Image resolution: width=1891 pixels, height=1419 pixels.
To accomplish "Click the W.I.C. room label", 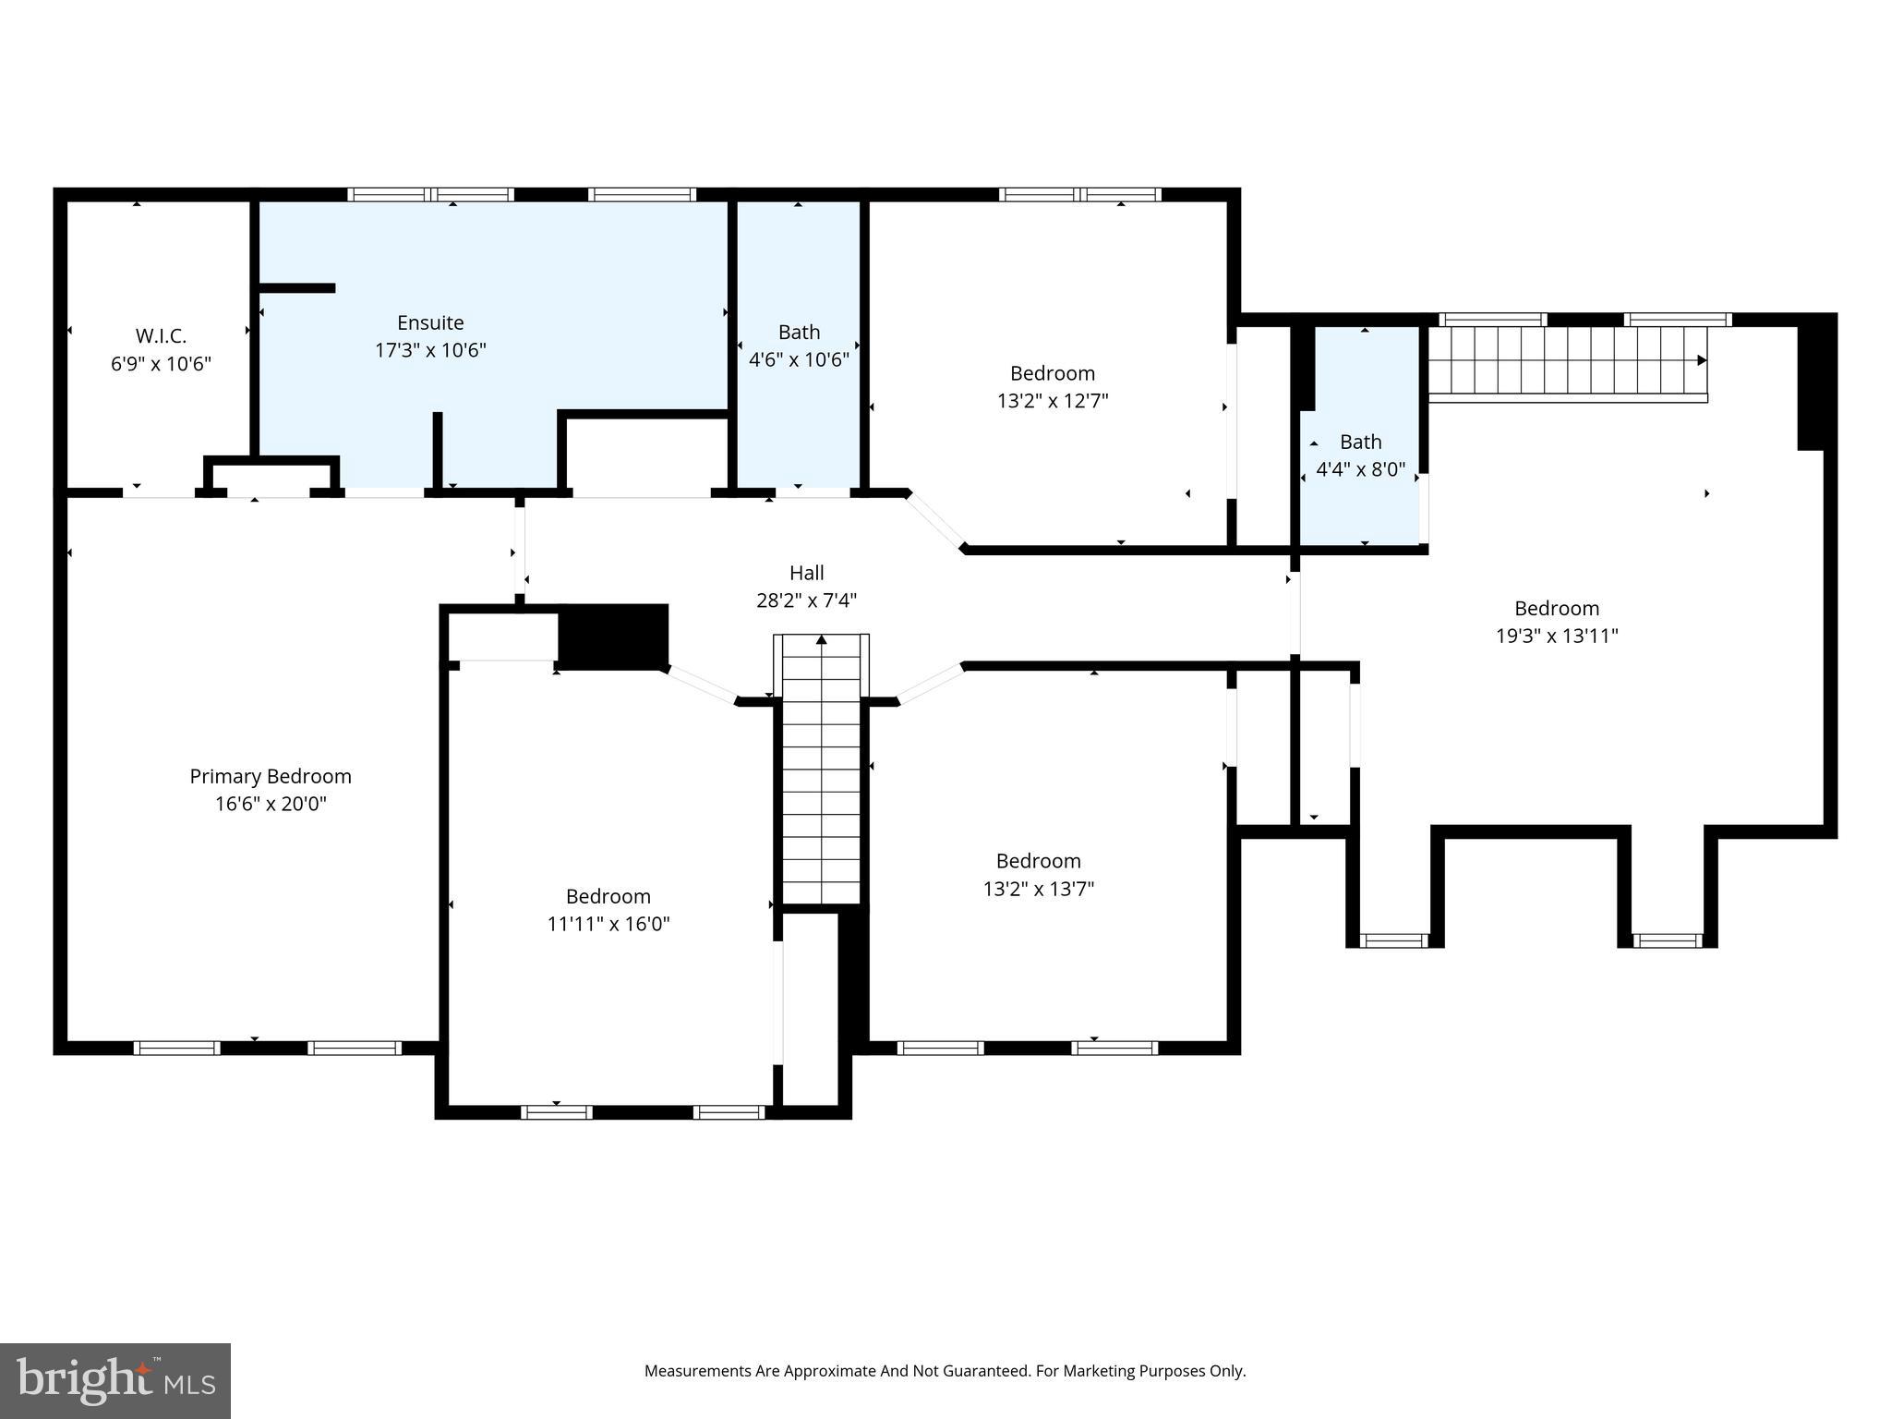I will pyautogui.click(x=161, y=336).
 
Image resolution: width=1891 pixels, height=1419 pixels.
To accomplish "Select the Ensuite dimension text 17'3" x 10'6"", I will pyautogui.click(x=430, y=351).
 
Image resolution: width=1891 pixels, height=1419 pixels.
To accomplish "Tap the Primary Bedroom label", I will pyautogui.click(x=271, y=776).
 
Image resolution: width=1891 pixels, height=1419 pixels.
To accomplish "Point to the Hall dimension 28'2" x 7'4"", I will pyautogui.click(x=806, y=600).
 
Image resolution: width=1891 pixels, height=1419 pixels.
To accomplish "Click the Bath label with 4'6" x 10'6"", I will pyautogui.click(x=799, y=332).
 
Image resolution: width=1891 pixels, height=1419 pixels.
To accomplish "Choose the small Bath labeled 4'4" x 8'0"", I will pyautogui.click(x=1360, y=442).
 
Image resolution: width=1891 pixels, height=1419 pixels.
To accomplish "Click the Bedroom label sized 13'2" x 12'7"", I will pyautogui.click(x=1052, y=373).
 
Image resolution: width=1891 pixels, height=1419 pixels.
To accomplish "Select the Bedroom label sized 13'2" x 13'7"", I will pyautogui.click(x=1038, y=861).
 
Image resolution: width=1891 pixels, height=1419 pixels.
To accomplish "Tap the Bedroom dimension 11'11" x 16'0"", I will pyautogui.click(x=608, y=924).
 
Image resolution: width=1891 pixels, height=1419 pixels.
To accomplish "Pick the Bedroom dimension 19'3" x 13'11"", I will pyautogui.click(x=1556, y=636).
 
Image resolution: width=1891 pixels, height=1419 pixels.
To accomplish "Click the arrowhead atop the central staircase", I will pyautogui.click(x=821, y=639).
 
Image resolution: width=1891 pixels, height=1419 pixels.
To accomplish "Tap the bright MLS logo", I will pyautogui.click(x=115, y=1380).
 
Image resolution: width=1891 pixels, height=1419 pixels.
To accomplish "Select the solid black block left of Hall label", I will pyautogui.click(x=613, y=636).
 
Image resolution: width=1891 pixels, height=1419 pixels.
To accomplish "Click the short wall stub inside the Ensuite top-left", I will pyautogui.click(x=296, y=288).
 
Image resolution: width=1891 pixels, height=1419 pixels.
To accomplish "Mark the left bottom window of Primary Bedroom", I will pyautogui.click(x=176, y=1048).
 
